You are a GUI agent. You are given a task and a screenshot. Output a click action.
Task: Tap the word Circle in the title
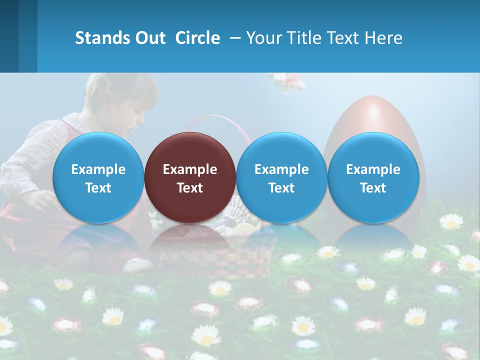click(197, 38)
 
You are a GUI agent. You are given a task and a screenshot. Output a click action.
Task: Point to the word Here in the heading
click(384, 38)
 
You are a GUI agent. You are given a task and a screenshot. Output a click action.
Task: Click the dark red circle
click(190, 177)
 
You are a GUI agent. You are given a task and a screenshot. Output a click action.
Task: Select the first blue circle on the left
click(98, 177)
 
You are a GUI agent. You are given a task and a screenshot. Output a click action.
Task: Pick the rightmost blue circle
click(373, 177)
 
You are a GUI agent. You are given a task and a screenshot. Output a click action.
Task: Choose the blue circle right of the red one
click(281, 177)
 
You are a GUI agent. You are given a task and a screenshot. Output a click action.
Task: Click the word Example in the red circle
click(190, 169)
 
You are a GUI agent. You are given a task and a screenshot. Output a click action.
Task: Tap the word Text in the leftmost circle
click(98, 188)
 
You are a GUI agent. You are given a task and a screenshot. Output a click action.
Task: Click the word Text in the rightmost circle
click(373, 188)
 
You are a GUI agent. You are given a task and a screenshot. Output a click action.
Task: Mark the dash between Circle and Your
click(235, 38)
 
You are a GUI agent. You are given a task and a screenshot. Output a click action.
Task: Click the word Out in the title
click(150, 38)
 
